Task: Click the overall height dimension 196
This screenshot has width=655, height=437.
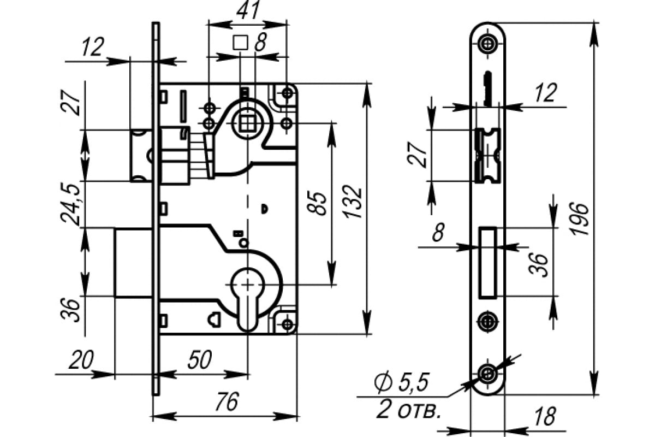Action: point(580,218)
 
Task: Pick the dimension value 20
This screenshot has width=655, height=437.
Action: point(81,361)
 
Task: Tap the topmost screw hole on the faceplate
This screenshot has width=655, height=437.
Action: point(487,43)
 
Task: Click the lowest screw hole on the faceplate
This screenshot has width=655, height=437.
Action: point(487,373)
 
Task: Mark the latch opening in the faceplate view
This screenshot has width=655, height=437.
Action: point(487,155)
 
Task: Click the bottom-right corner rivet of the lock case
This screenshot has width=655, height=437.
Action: point(288,324)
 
